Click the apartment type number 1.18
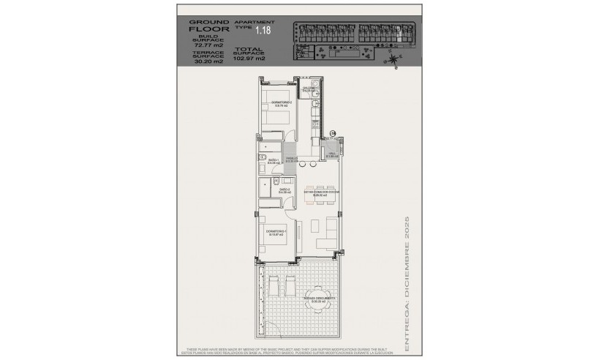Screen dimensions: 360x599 point(262,31)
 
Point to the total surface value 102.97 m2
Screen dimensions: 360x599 point(249,58)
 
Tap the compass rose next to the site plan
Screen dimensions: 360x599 point(395,61)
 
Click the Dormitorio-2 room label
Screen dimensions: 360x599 point(282,103)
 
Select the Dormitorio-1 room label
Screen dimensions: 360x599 point(276,233)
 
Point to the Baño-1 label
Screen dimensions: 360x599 point(274,161)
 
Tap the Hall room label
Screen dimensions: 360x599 point(331,154)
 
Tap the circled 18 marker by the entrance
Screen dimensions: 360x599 point(333,133)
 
